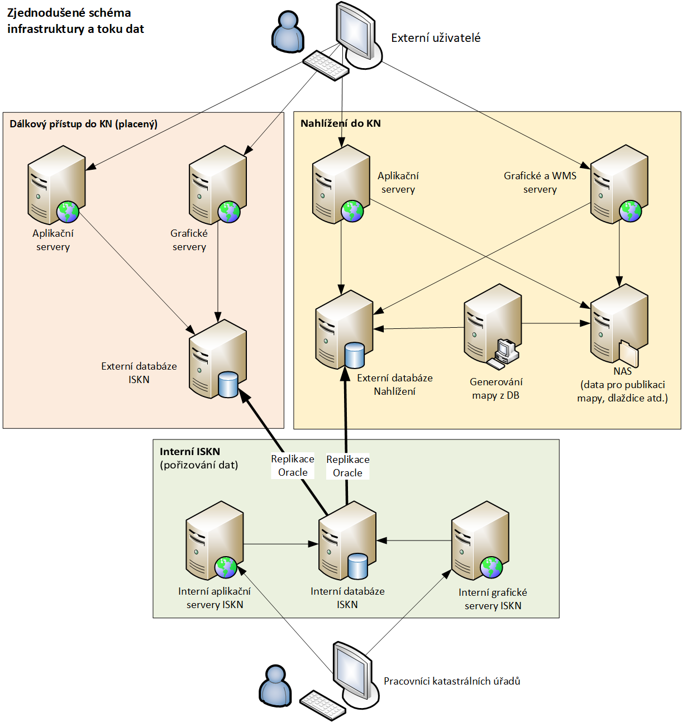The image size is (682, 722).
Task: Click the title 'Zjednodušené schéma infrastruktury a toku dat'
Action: [x=75, y=21]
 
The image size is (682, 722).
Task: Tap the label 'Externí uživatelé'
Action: [x=436, y=38]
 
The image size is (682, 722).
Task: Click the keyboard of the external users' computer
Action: [x=326, y=65]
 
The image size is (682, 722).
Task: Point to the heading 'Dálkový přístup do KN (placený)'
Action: [x=83, y=124]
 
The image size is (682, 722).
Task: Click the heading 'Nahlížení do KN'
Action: [x=340, y=123]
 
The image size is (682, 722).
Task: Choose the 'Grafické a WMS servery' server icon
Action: [x=619, y=184]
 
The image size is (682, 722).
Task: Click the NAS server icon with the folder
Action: [x=619, y=324]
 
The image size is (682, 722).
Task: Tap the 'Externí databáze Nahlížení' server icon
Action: [x=344, y=329]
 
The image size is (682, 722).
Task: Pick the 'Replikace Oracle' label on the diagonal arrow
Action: [x=293, y=466]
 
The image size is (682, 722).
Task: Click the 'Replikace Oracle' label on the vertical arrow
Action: [x=347, y=466]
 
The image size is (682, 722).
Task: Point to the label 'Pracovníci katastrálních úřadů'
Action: [x=452, y=681]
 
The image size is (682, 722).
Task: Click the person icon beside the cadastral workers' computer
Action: [x=275, y=686]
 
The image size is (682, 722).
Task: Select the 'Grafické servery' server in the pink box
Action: [x=218, y=185]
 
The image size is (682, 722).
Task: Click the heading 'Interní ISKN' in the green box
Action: [x=190, y=452]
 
